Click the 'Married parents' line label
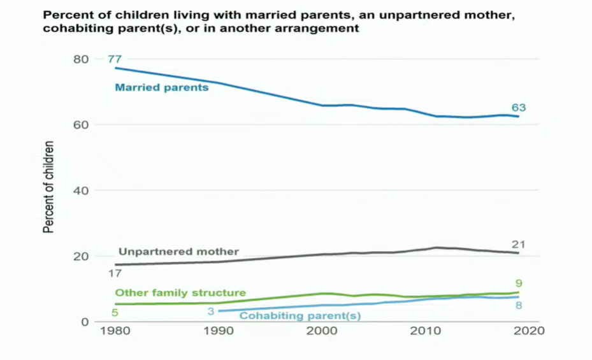(161, 87)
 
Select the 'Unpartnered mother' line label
(178, 252)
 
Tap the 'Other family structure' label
(180, 293)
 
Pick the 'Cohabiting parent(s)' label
(300, 315)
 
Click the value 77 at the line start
(115, 59)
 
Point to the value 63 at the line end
(518, 108)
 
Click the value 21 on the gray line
(518, 245)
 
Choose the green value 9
(519, 283)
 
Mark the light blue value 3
(210, 311)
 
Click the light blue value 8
(519, 305)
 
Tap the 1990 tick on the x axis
(219, 331)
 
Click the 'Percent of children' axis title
(49, 186)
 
